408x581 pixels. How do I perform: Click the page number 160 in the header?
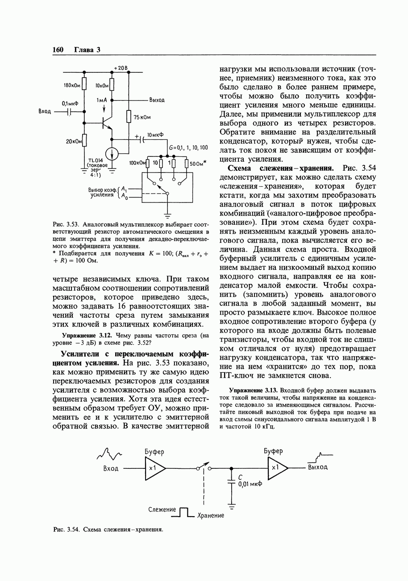[58, 50]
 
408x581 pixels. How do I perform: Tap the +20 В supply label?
[121, 67]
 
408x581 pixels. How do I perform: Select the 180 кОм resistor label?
[71, 85]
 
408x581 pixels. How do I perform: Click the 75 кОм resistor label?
[142, 117]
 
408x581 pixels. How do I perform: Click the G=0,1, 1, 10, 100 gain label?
[188, 147]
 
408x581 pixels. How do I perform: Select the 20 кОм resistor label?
[74, 141]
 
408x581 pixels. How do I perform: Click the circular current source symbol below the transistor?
[112, 154]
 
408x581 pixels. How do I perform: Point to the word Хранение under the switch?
[211, 516]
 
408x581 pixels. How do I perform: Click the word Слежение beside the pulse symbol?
[162, 510]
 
